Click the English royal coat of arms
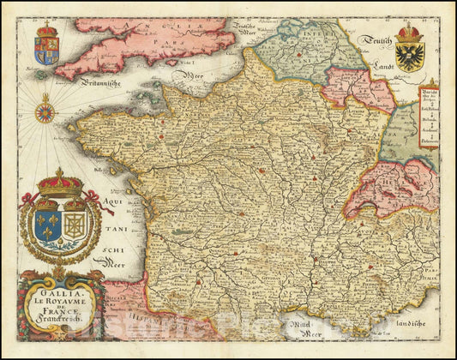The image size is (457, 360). pos(46,48)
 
